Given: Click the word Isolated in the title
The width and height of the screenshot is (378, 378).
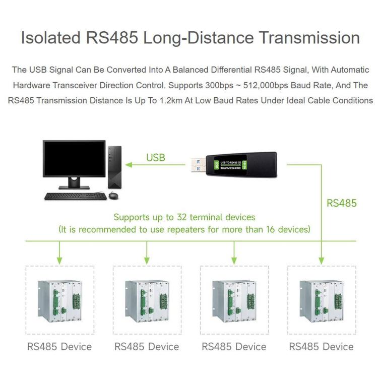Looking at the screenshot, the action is (x=50, y=38).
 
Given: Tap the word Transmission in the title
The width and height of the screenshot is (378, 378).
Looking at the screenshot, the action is (x=309, y=38).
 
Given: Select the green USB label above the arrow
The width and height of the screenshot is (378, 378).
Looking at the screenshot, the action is (x=156, y=158).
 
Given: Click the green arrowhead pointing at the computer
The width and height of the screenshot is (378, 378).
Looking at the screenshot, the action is (x=129, y=165).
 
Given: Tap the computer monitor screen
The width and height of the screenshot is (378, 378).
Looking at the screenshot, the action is (x=74, y=159).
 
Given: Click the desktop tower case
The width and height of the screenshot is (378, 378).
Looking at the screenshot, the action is (x=115, y=167).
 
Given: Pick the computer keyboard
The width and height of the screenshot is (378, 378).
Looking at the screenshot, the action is (x=76, y=196).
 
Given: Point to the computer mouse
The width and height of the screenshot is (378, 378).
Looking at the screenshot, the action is (x=113, y=196).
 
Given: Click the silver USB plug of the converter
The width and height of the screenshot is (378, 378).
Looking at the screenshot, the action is (x=198, y=165).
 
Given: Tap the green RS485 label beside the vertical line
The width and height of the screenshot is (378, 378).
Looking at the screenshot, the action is (x=342, y=203).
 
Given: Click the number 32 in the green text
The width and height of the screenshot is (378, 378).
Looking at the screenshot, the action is (x=182, y=217).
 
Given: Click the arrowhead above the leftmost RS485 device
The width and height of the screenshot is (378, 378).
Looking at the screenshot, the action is (x=59, y=261).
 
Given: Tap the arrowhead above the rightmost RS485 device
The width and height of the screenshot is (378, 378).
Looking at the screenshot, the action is (x=321, y=261).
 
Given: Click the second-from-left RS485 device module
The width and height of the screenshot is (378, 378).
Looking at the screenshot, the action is (x=147, y=301).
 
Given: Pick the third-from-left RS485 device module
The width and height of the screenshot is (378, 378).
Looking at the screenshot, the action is (x=234, y=301).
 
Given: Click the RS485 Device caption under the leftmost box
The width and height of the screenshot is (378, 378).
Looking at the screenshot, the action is (x=59, y=347).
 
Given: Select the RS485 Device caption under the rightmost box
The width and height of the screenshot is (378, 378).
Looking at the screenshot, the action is (x=322, y=347).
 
